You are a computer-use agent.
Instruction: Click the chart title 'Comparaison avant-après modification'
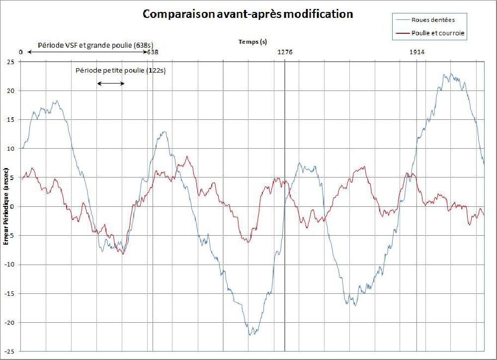(x=248, y=14)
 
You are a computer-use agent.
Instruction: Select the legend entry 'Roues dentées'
(x=433, y=20)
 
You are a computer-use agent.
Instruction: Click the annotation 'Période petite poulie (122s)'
(x=120, y=71)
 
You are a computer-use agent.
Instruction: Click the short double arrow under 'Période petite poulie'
(x=111, y=83)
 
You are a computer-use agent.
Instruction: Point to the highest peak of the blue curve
(x=451, y=74)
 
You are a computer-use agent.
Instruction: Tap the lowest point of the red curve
(x=123, y=254)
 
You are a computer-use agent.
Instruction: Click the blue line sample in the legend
(x=402, y=20)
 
